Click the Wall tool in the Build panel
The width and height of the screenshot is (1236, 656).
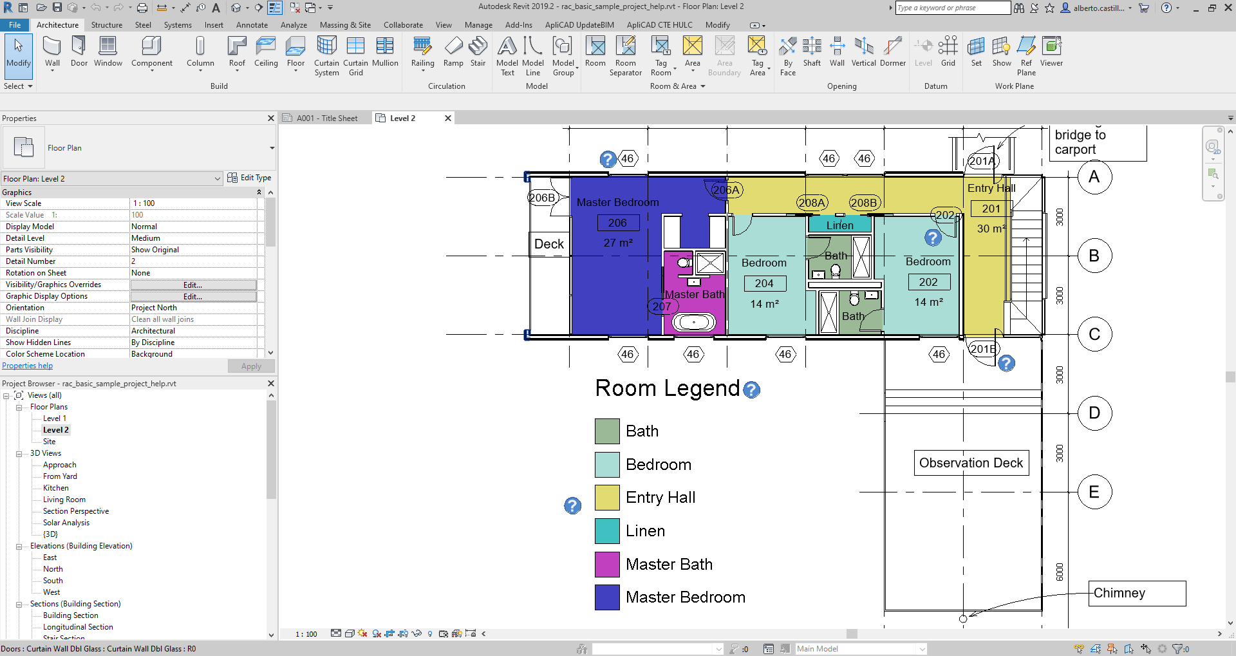tap(52, 51)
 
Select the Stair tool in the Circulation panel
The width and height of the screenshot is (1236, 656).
tap(478, 51)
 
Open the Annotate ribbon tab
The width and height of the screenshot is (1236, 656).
tap(252, 25)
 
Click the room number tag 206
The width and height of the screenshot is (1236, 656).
tap(617, 223)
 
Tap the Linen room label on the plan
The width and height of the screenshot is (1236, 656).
tap(839, 225)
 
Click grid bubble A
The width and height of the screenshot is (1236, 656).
tap(1094, 177)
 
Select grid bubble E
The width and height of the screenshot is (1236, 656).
tap(1094, 492)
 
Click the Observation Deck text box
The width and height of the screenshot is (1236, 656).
tap(971, 463)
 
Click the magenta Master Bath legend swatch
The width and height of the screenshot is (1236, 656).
tap(607, 565)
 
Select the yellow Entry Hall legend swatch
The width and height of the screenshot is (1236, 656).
tap(607, 498)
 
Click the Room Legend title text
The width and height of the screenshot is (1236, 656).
tap(667, 388)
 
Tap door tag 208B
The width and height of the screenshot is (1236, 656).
tap(863, 203)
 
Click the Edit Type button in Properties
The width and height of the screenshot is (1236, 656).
tap(250, 178)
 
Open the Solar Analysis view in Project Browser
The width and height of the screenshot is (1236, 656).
tap(66, 523)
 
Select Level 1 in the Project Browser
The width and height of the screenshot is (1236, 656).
tap(55, 418)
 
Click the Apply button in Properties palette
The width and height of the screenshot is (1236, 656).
tap(251, 366)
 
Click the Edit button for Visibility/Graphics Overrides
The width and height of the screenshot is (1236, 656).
tap(193, 285)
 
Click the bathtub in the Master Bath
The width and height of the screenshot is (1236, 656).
tap(693, 322)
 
